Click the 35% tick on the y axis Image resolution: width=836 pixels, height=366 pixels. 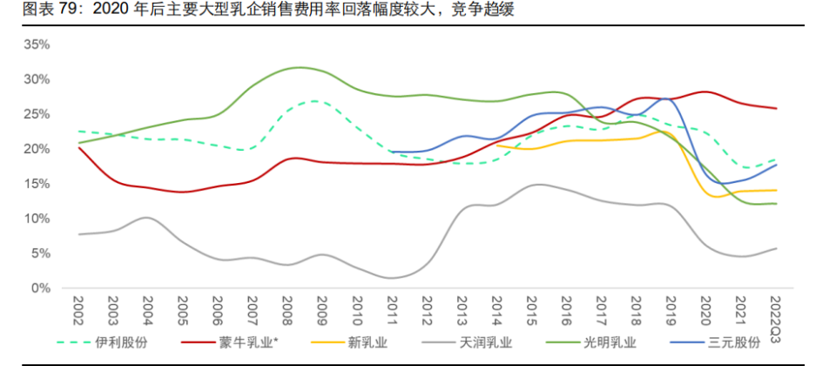point(37,44)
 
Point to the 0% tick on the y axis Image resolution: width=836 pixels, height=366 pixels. point(40,288)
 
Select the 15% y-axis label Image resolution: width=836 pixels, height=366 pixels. point(37,184)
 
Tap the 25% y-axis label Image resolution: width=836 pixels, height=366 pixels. point(37,114)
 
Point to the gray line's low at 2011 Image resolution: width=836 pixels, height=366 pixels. point(393,278)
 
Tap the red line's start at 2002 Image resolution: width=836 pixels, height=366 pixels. point(78,147)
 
